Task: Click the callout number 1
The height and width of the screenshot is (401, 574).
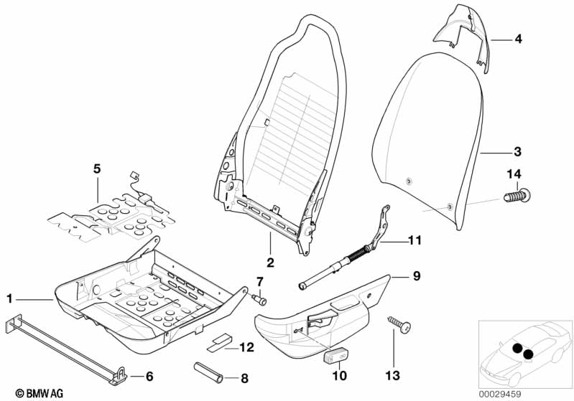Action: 9,299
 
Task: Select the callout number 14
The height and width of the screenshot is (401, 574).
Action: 514,174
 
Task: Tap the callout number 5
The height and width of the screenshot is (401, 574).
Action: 97,169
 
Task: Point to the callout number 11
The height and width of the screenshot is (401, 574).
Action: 415,240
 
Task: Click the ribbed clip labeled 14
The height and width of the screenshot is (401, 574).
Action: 517,195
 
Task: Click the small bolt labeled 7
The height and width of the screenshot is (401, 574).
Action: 259,300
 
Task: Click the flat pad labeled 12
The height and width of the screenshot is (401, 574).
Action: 219,342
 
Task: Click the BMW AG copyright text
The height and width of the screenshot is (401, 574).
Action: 40,393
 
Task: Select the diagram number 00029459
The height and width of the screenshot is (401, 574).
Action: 500,395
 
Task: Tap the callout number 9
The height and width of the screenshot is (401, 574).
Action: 417,275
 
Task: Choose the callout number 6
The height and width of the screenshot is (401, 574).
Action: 149,376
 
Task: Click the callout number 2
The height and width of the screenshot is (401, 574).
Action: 270,262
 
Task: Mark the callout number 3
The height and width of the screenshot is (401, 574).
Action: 517,151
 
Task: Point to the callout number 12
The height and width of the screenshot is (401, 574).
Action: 246,347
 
